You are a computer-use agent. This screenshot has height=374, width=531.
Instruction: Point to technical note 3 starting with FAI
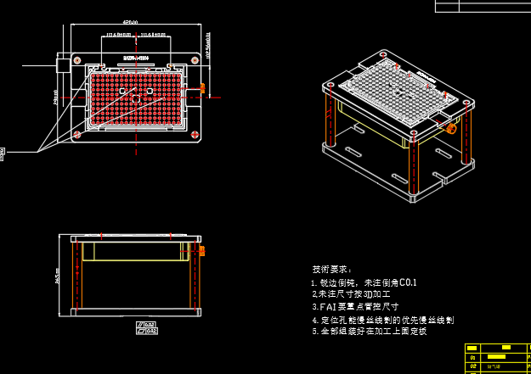(355, 306)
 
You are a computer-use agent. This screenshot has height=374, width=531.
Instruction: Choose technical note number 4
(382, 320)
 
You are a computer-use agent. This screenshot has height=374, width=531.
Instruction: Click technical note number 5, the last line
(369, 331)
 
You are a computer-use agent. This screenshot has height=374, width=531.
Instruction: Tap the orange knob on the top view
(202, 87)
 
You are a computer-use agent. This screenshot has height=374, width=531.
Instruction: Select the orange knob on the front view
(202, 250)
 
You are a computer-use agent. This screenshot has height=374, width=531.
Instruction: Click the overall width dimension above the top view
(130, 23)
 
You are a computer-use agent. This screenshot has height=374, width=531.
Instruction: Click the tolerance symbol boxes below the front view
(147, 327)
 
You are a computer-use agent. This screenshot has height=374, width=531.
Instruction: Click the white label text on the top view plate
(136, 59)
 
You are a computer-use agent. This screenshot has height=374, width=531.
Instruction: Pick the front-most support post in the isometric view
(413, 170)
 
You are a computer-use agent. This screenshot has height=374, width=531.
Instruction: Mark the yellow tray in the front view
(137, 251)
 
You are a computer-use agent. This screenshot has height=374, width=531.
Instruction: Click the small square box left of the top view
(64, 64)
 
